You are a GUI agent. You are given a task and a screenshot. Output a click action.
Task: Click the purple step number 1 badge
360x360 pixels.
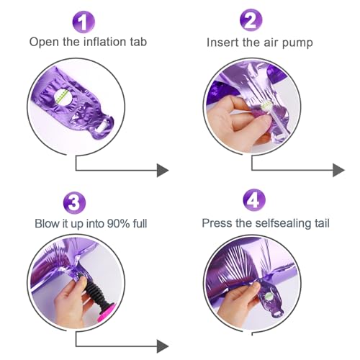pos(84,22)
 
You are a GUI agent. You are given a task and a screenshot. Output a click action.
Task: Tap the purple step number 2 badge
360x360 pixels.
pos(251,20)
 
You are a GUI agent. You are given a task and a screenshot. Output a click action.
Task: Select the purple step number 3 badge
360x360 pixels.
pos(74,203)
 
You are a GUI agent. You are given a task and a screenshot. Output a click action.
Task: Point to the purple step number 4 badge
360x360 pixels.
pos(254,200)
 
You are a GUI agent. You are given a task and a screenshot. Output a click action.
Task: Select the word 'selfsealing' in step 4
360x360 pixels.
pos(283,223)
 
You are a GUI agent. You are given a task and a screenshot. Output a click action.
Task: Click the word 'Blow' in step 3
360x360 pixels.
pos(48,223)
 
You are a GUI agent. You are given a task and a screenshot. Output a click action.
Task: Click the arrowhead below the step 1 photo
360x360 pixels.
pos(163,171)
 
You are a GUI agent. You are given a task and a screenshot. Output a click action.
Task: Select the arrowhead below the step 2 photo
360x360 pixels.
pos(338,171)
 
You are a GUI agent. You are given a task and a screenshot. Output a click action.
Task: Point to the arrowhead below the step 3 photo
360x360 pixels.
pos(163,346)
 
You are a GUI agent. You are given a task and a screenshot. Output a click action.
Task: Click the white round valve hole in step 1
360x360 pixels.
pos(63,97)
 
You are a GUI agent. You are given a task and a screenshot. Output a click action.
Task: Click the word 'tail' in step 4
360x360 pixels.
pos(322,223)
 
